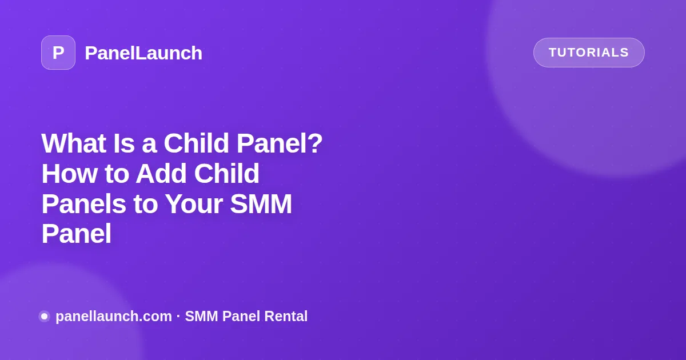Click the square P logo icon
click(x=58, y=53)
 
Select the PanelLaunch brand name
click(x=143, y=53)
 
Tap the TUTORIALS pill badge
click(x=589, y=53)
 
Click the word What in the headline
click(x=74, y=143)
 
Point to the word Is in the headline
click(x=123, y=143)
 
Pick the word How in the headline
click(x=69, y=173)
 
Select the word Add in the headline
click(x=161, y=173)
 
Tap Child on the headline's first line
click(x=196, y=143)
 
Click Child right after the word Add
click(x=226, y=173)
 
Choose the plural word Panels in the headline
click(x=83, y=204)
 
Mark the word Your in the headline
click(x=194, y=204)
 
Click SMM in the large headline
click(x=261, y=204)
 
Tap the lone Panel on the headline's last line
click(x=76, y=234)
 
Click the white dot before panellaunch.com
click(x=45, y=316)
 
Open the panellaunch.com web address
click(x=114, y=316)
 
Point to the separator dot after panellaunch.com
click(x=178, y=316)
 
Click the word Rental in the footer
click(x=286, y=316)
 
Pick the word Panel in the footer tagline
click(x=241, y=316)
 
